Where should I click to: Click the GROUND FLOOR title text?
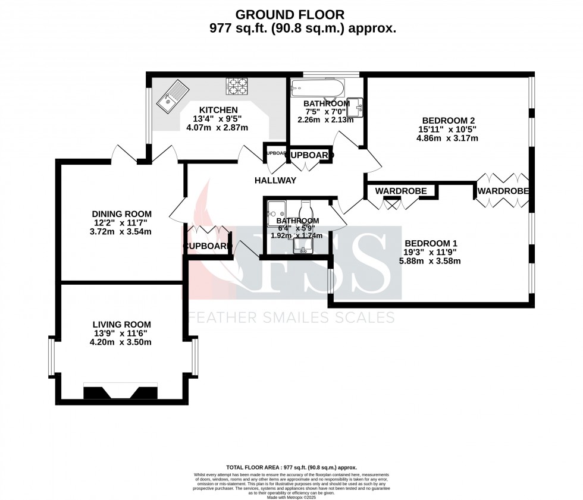(x=290, y=14)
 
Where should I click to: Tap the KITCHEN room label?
(x=218, y=110)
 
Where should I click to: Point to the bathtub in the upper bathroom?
(x=316, y=90)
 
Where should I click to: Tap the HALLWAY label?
(x=275, y=180)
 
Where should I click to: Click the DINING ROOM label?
(x=121, y=214)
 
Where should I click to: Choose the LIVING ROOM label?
(x=121, y=324)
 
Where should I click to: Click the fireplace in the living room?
(x=121, y=392)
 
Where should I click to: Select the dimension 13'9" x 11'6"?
(x=121, y=333)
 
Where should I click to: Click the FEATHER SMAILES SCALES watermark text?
(x=291, y=317)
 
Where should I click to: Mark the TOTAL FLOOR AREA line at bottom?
(x=291, y=468)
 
